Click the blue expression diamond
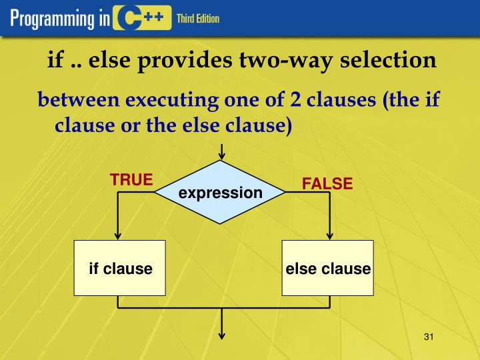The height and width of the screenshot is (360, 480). pyautogui.click(x=220, y=193)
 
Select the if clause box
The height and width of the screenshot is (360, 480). pyautogui.click(x=119, y=269)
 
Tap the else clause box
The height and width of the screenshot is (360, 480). pyautogui.click(x=327, y=269)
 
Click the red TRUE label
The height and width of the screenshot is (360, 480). pyautogui.click(x=131, y=180)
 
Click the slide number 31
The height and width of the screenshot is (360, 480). pyautogui.click(x=429, y=337)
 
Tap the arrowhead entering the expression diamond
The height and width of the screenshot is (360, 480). pyautogui.click(x=221, y=157)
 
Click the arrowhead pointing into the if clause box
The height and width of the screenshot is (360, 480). pyautogui.click(x=119, y=235)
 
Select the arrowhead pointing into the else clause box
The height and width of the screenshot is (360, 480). pyautogui.click(x=328, y=235)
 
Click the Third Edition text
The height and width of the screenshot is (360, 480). pyautogui.click(x=197, y=19)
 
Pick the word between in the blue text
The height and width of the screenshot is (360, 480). pyautogui.click(x=78, y=101)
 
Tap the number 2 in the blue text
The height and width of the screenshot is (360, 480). pyautogui.click(x=295, y=101)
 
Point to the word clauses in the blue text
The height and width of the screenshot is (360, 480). pyautogui.click(x=339, y=101)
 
